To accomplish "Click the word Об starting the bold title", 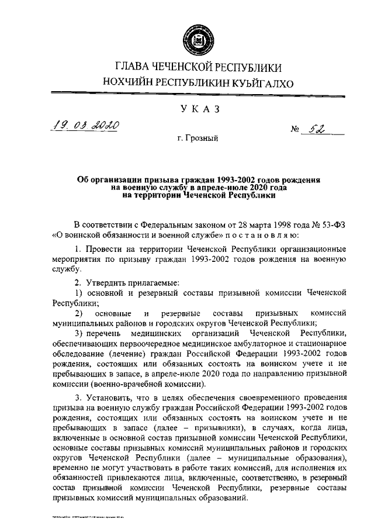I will tap(84, 180).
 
